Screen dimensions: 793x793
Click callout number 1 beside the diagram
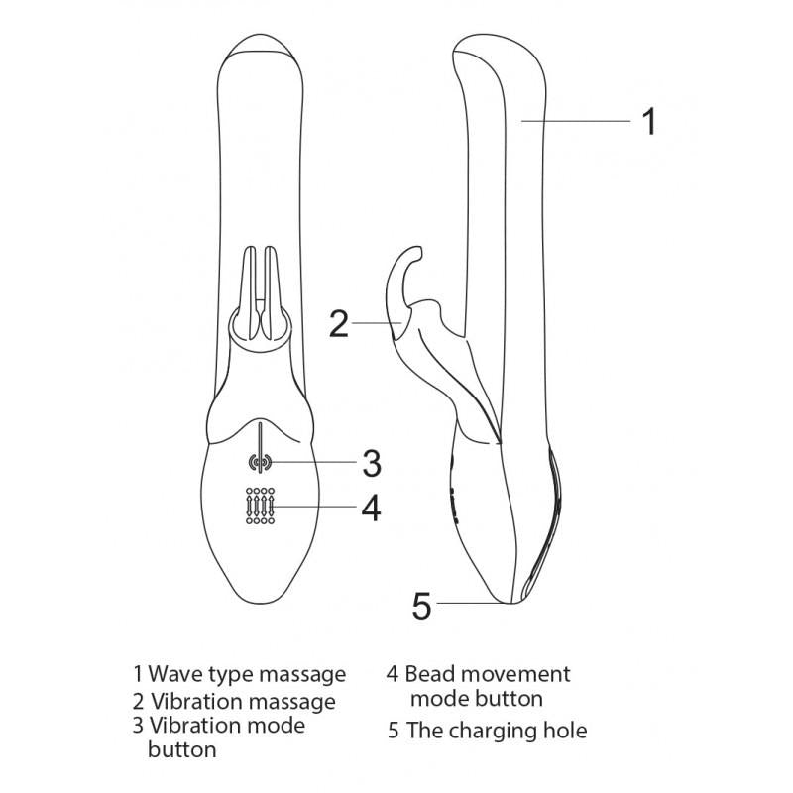(649, 121)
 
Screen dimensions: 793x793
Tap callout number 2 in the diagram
(339, 324)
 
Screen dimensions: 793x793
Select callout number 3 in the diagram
(372, 463)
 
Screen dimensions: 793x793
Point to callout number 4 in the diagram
(371, 508)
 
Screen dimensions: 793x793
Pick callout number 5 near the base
(422, 606)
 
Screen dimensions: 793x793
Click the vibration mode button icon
(260, 462)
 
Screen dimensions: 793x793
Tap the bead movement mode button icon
(260, 506)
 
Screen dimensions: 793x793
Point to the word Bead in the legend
(430, 674)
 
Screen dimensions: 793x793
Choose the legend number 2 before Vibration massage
(138, 702)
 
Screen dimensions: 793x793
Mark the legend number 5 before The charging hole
(394, 731)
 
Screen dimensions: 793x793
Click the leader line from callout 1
(576, 121)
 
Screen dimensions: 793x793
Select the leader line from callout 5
(472, 603)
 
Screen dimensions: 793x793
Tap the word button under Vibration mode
(182, 749)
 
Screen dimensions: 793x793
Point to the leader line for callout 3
(313, 462)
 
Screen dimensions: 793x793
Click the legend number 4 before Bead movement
(393, 674)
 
